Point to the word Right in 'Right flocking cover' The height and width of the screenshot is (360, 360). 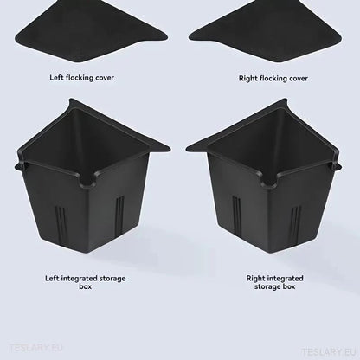click(247, 78)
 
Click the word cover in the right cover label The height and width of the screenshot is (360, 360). click(296, 78)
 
